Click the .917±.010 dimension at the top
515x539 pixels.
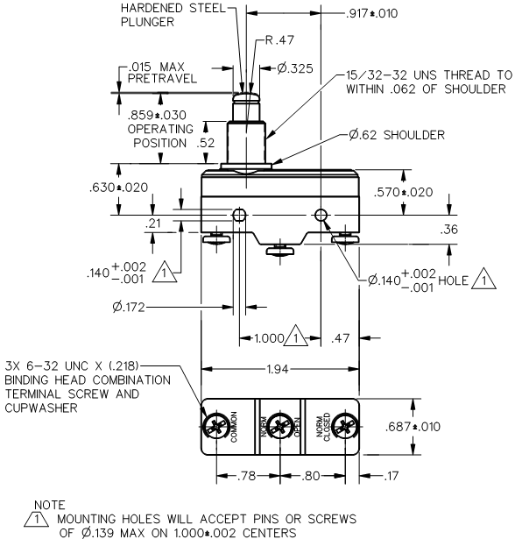(371, 13)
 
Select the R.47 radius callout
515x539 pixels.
(280, 39)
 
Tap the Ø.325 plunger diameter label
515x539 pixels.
(295, 68)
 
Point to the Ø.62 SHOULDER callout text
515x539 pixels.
(397, 135)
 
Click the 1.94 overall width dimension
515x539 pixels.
(278, 369)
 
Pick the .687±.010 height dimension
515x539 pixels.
(413, 427)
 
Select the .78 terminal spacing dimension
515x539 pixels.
(247, 476)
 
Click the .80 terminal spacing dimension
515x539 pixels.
(311, 476)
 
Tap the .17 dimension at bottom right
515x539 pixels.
(391, 476)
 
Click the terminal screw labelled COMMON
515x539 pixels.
(216, 427)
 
